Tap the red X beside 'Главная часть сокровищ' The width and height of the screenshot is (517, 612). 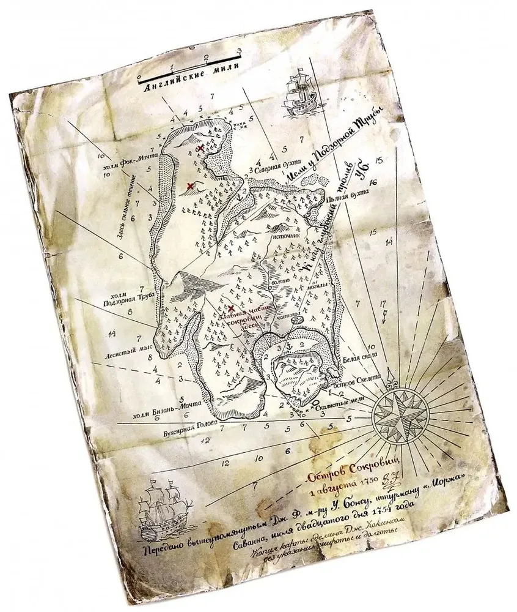click(x=231, y=310)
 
